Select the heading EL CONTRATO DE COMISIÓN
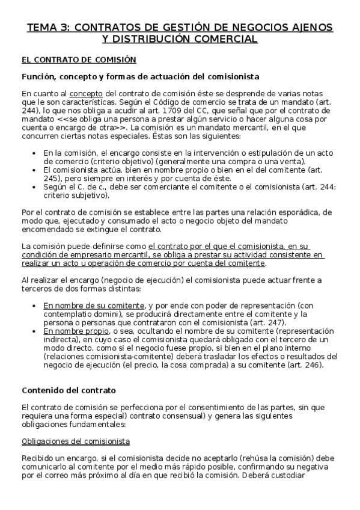(x=79, y=60)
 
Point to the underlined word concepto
(x=86, y=94)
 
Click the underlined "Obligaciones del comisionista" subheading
(x=76, y=441)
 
